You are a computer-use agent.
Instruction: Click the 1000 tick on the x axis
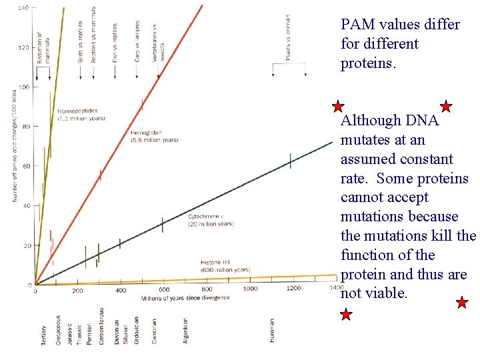250,289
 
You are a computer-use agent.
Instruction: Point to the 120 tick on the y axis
23,47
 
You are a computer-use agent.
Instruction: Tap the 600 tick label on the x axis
164,289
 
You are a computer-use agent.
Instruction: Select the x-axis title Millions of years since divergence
185,297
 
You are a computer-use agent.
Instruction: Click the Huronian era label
272,331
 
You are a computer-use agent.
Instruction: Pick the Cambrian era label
154,331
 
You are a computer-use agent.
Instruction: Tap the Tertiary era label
43,331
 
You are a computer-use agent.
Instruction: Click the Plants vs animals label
289,38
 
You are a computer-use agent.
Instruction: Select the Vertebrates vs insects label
158,43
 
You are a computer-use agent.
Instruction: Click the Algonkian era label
185,330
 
